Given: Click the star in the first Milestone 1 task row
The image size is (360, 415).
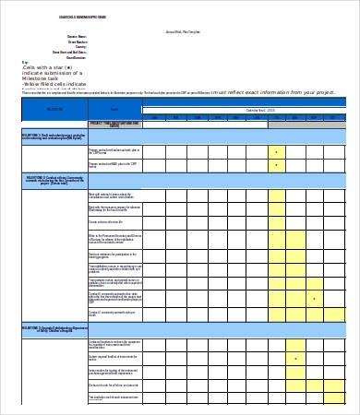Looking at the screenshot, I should coord(276,150).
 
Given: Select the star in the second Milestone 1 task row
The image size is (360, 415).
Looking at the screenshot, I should coord(276,166).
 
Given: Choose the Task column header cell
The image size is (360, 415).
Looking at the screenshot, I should coord(114,109).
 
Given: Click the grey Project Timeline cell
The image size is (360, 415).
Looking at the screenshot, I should coord(114,123).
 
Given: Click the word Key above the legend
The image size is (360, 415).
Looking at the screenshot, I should coord(25,63).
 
